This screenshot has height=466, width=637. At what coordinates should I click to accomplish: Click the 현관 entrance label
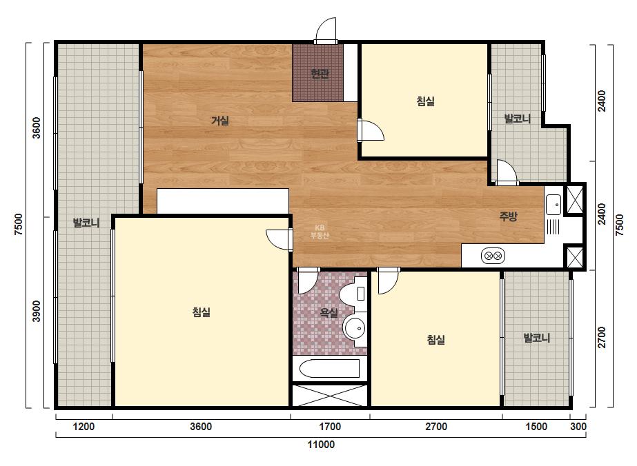[320, 74]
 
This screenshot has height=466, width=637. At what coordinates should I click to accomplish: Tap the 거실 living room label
[219, 121]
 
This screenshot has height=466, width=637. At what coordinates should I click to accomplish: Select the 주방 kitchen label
[508, 216]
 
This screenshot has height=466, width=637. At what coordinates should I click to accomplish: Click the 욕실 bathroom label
[329, 312]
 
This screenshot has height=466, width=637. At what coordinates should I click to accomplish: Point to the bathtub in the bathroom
[329, 369]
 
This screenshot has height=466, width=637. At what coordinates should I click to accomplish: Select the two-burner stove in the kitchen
[493, 256]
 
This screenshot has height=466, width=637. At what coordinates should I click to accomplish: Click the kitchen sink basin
[553, 204]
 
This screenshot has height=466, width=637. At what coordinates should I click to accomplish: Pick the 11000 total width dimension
[321, 445]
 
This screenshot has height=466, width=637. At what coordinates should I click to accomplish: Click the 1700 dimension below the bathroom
[330, 427]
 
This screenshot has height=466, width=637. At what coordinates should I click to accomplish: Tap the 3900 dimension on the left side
[37, 312]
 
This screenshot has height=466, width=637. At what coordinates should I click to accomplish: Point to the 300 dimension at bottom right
[578, 427]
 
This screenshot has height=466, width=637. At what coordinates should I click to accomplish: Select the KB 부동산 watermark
[320, 232]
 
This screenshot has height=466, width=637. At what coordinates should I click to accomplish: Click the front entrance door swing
[326, 29]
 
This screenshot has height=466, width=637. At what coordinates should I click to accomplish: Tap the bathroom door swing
[308, 281]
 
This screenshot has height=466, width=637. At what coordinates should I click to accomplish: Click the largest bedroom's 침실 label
[201, 312]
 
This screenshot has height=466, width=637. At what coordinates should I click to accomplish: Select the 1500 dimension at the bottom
[536, 427]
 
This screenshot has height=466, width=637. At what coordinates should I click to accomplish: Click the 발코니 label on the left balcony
[86, 223]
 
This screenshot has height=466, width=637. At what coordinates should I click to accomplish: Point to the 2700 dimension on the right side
[602, 337]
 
